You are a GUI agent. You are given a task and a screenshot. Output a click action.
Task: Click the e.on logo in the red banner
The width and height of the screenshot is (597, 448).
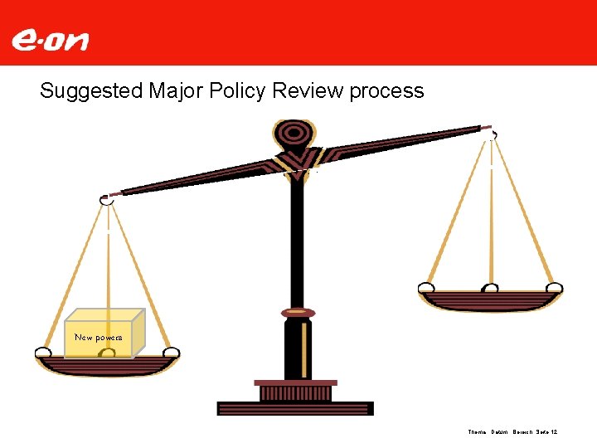(50, 39)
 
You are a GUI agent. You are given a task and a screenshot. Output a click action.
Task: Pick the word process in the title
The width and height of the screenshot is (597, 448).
(386, 90)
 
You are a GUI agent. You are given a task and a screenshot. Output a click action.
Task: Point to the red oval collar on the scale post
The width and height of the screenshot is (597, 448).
(297, 313)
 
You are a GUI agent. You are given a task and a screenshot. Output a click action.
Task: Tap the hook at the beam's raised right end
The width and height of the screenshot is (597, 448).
(492, 132)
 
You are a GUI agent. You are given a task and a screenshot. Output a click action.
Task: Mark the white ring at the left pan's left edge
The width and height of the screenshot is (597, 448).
(43, 354)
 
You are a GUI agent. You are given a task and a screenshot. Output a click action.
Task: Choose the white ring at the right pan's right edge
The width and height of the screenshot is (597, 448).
(555, 289)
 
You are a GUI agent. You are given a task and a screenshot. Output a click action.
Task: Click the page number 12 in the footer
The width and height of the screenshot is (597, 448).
(553, 432)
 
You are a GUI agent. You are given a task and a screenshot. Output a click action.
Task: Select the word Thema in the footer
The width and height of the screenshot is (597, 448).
(477, 432)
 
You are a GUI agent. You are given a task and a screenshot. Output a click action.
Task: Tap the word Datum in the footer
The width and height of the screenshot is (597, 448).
(499, 432)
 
